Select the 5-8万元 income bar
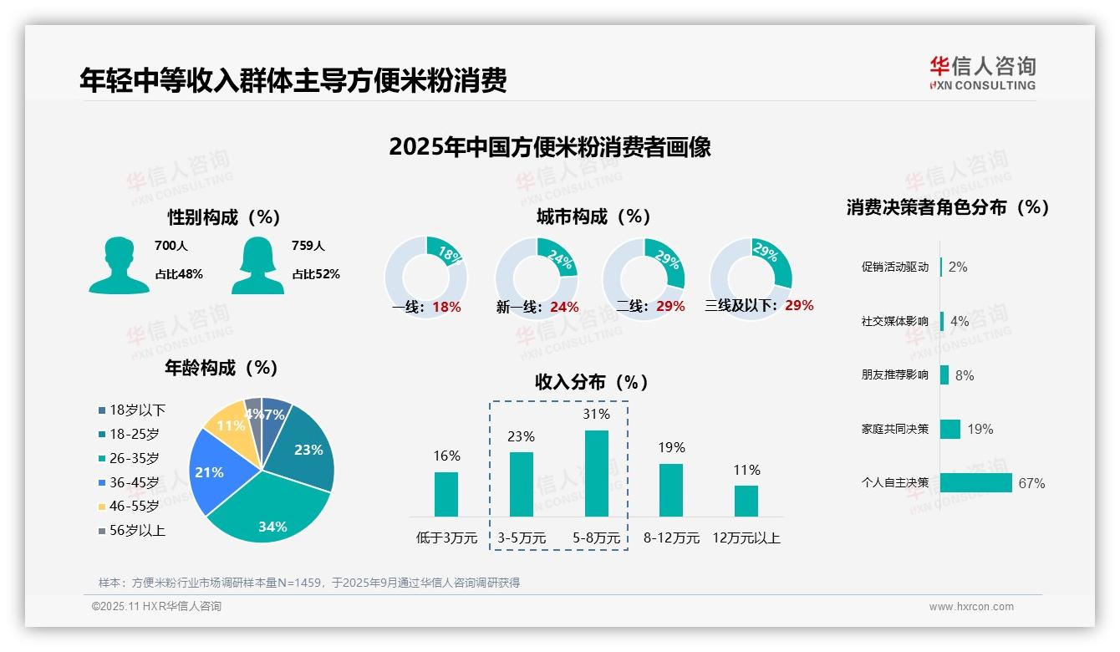(596, 473)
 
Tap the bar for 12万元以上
(746, 501)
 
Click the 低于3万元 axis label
(446, 538)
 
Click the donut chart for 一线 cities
(425, 278)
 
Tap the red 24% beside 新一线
(564, 307)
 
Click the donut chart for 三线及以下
(751, 278)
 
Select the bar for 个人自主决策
(975, 482)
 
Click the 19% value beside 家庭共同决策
(980, 429)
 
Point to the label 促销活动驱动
(894, 267)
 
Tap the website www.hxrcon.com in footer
(970, 607)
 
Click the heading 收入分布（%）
(592, 382)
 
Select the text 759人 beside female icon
(308, 246)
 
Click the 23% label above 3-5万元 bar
(521, 436)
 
